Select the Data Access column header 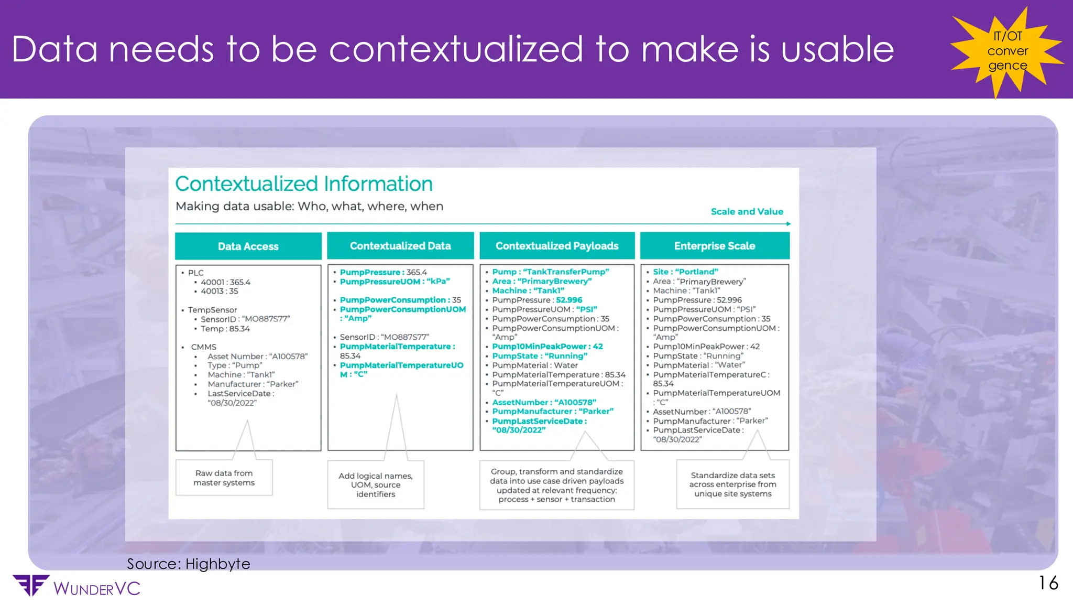click(248, 246)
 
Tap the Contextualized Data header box click(400, 246)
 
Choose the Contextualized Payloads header click(557, 246)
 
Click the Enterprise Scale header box click(715, 246)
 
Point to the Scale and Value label click(747, 212)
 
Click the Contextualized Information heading click(304, 184)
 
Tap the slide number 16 click(1048, 583)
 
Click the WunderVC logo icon click(30, 586)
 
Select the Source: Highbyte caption click(189, 564)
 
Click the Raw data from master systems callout click(224, 478)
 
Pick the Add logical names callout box click(375, 485)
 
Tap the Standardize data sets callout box click(732, 484)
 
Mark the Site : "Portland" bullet click(685, 272)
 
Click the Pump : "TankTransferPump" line click(550, 272)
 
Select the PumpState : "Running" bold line click(539, 356)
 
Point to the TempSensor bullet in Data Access click(212, 310)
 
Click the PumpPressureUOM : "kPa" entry click(395, 282)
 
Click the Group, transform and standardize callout click(556, 485)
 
